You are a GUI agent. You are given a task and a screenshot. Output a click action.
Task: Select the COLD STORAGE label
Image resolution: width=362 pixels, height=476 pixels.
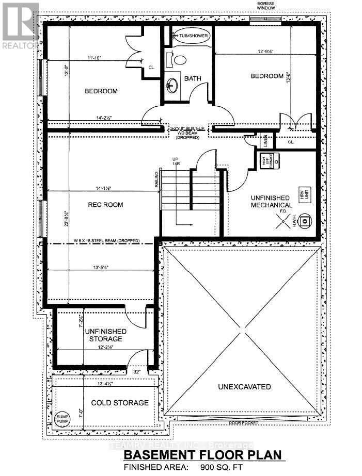[120, 403]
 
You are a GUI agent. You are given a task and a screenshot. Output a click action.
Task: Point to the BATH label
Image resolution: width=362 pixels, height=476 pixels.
[193, 79]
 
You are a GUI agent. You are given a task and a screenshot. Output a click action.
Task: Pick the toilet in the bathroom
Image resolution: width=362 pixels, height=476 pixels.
[179, 59]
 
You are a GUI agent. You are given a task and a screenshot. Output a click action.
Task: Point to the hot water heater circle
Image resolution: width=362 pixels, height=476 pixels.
[306, 221]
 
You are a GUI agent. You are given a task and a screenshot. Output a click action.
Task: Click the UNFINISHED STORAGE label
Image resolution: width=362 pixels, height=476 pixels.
[103, 335]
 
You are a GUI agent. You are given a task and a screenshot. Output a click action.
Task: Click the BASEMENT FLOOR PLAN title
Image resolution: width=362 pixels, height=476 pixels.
[203, 455]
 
